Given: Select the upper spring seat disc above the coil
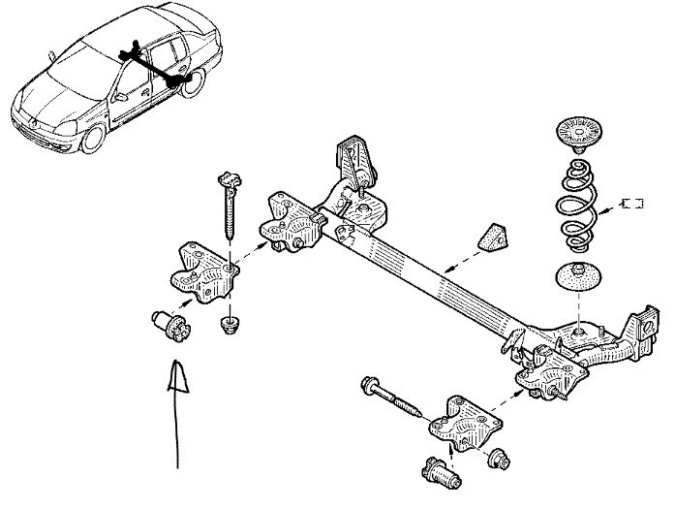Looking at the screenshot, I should click(579, 133).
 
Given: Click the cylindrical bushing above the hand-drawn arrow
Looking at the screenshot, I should click(171, 324).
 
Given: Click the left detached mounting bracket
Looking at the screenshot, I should click(203, 271).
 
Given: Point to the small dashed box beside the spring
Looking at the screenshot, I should click(632, 203).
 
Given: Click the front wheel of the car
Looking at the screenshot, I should click(92, 138).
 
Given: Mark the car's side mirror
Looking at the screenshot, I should click(116, 97).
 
